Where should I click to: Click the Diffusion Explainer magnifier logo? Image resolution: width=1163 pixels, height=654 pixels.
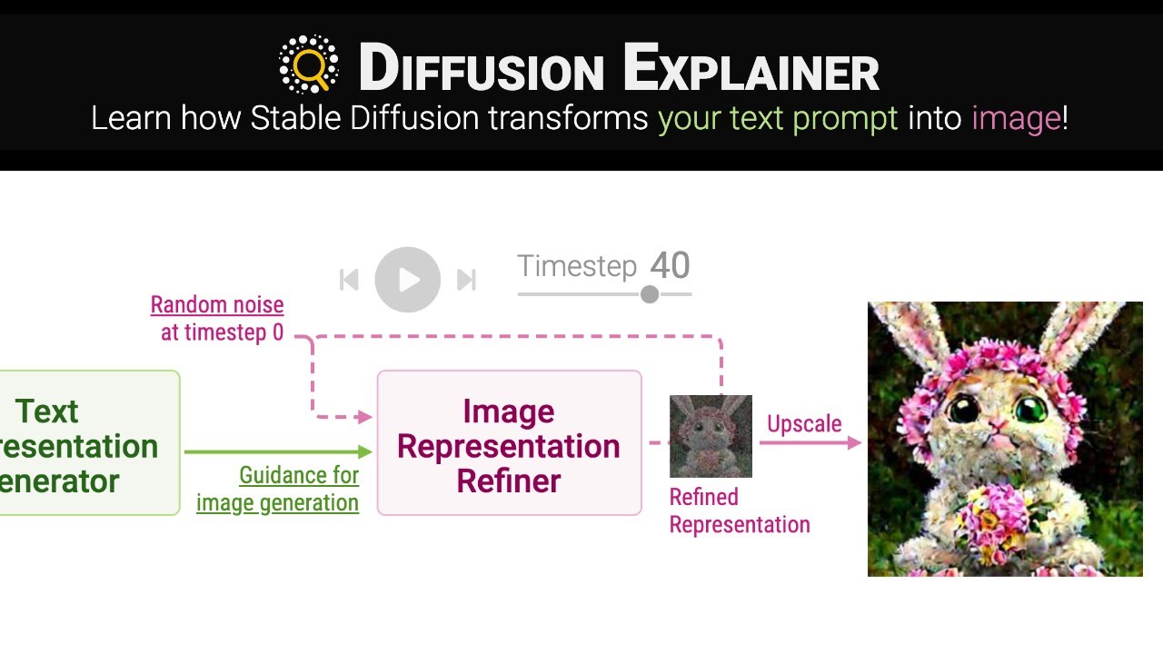tap(309, 64)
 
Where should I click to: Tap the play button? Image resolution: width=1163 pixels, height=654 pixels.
tap(408, 280)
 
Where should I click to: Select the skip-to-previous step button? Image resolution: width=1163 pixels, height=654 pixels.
tap(349, 280)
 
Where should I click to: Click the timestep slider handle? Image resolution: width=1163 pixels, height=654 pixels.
tap(650, 294)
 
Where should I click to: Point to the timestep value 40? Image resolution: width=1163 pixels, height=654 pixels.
tap(671, 266)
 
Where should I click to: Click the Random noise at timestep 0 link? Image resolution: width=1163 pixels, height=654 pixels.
tap(217, 319)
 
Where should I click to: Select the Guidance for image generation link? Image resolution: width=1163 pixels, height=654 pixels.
tap(278, 489)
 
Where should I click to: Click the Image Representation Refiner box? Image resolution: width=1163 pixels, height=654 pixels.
tap(509, 442)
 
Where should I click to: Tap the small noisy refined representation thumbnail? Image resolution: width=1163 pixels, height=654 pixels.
tap(711, 436)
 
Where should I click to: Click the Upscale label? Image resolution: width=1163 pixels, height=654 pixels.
tap(804, 423)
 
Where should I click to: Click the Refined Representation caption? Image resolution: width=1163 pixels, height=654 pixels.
tap(739, 510)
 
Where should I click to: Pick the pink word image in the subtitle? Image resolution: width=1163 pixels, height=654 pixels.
tap(1016, 118)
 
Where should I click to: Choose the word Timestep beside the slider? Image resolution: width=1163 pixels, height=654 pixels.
tap(577, 266)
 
